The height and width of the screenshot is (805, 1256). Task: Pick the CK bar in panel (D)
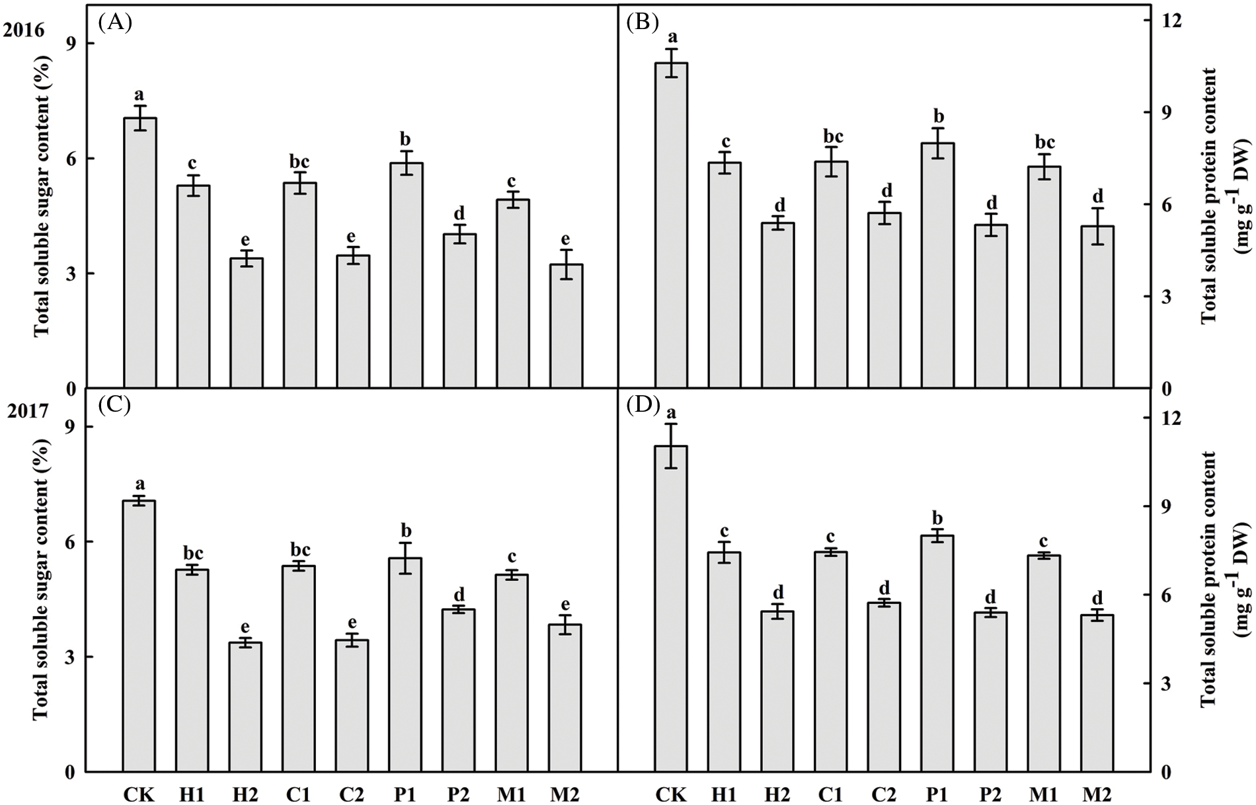pos(671,608)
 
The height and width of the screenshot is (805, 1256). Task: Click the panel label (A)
pos(114,23)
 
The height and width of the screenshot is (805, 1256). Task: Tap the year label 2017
pos(28,411)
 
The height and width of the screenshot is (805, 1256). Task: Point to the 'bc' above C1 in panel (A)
pos(299,162)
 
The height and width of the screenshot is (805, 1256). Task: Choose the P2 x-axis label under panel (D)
pos(990,793)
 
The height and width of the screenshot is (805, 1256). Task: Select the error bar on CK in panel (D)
pos(671,446)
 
